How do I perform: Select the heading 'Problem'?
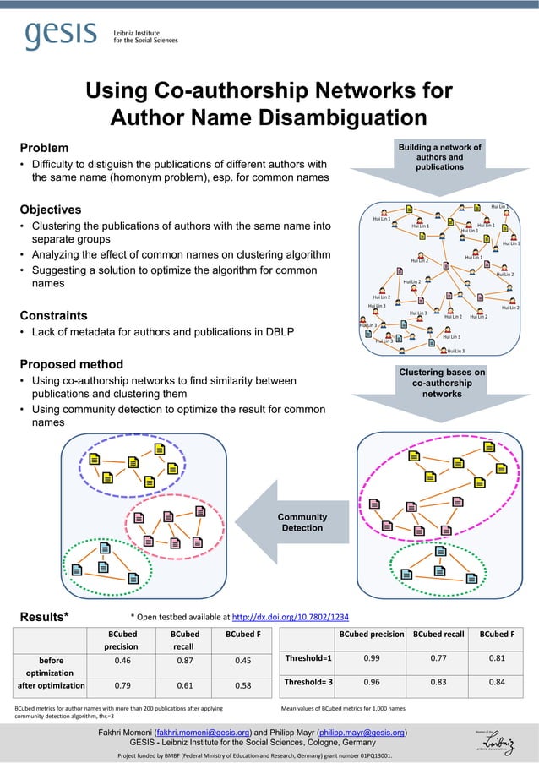(44, 148)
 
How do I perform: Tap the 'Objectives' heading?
(51, 210)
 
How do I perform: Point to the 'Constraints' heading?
(53, 315)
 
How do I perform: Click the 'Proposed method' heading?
(71, 364)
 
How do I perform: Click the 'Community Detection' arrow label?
(302, 522)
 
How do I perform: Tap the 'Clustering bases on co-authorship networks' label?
(442, 383)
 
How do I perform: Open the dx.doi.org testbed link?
(290, 616)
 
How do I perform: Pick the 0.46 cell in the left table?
(121, 662)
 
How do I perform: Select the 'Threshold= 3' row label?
(308, 681)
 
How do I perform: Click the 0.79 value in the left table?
(121, 685)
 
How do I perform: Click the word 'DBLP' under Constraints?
(280, 332)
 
